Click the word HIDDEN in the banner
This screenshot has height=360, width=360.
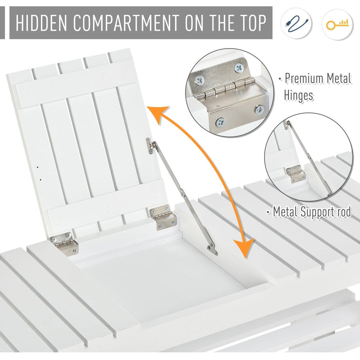pyautogui.click(x=41, y=23)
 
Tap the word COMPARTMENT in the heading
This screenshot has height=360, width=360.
pyautogui.click(x=126, y=23)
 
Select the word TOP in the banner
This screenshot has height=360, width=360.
pyautogui.click(x=252, y=23)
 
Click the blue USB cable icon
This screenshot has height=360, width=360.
pyautogui.click(x=297, y=23)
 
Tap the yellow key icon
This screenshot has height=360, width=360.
pyautogui.click(x=337, y=24)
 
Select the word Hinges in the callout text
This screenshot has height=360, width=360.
pyautogui.click(x=298, y=95)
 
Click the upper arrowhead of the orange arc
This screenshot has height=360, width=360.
pyautogui.click(x=158, y=114)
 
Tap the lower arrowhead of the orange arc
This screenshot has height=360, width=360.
pyautogui.click(x=244, y=248)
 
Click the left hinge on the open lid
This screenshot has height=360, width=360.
pyautogui.click(x=64, y=243)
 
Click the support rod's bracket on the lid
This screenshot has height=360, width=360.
pyautogui.click(x=149, y=146)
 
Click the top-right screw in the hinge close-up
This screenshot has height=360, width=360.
pyautogui.click(x=239, y=68)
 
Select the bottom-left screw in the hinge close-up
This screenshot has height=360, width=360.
pyautogui.click(x=220, y=122)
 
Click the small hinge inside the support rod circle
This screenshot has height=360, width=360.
pyautogui.click(x=296, y=174)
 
